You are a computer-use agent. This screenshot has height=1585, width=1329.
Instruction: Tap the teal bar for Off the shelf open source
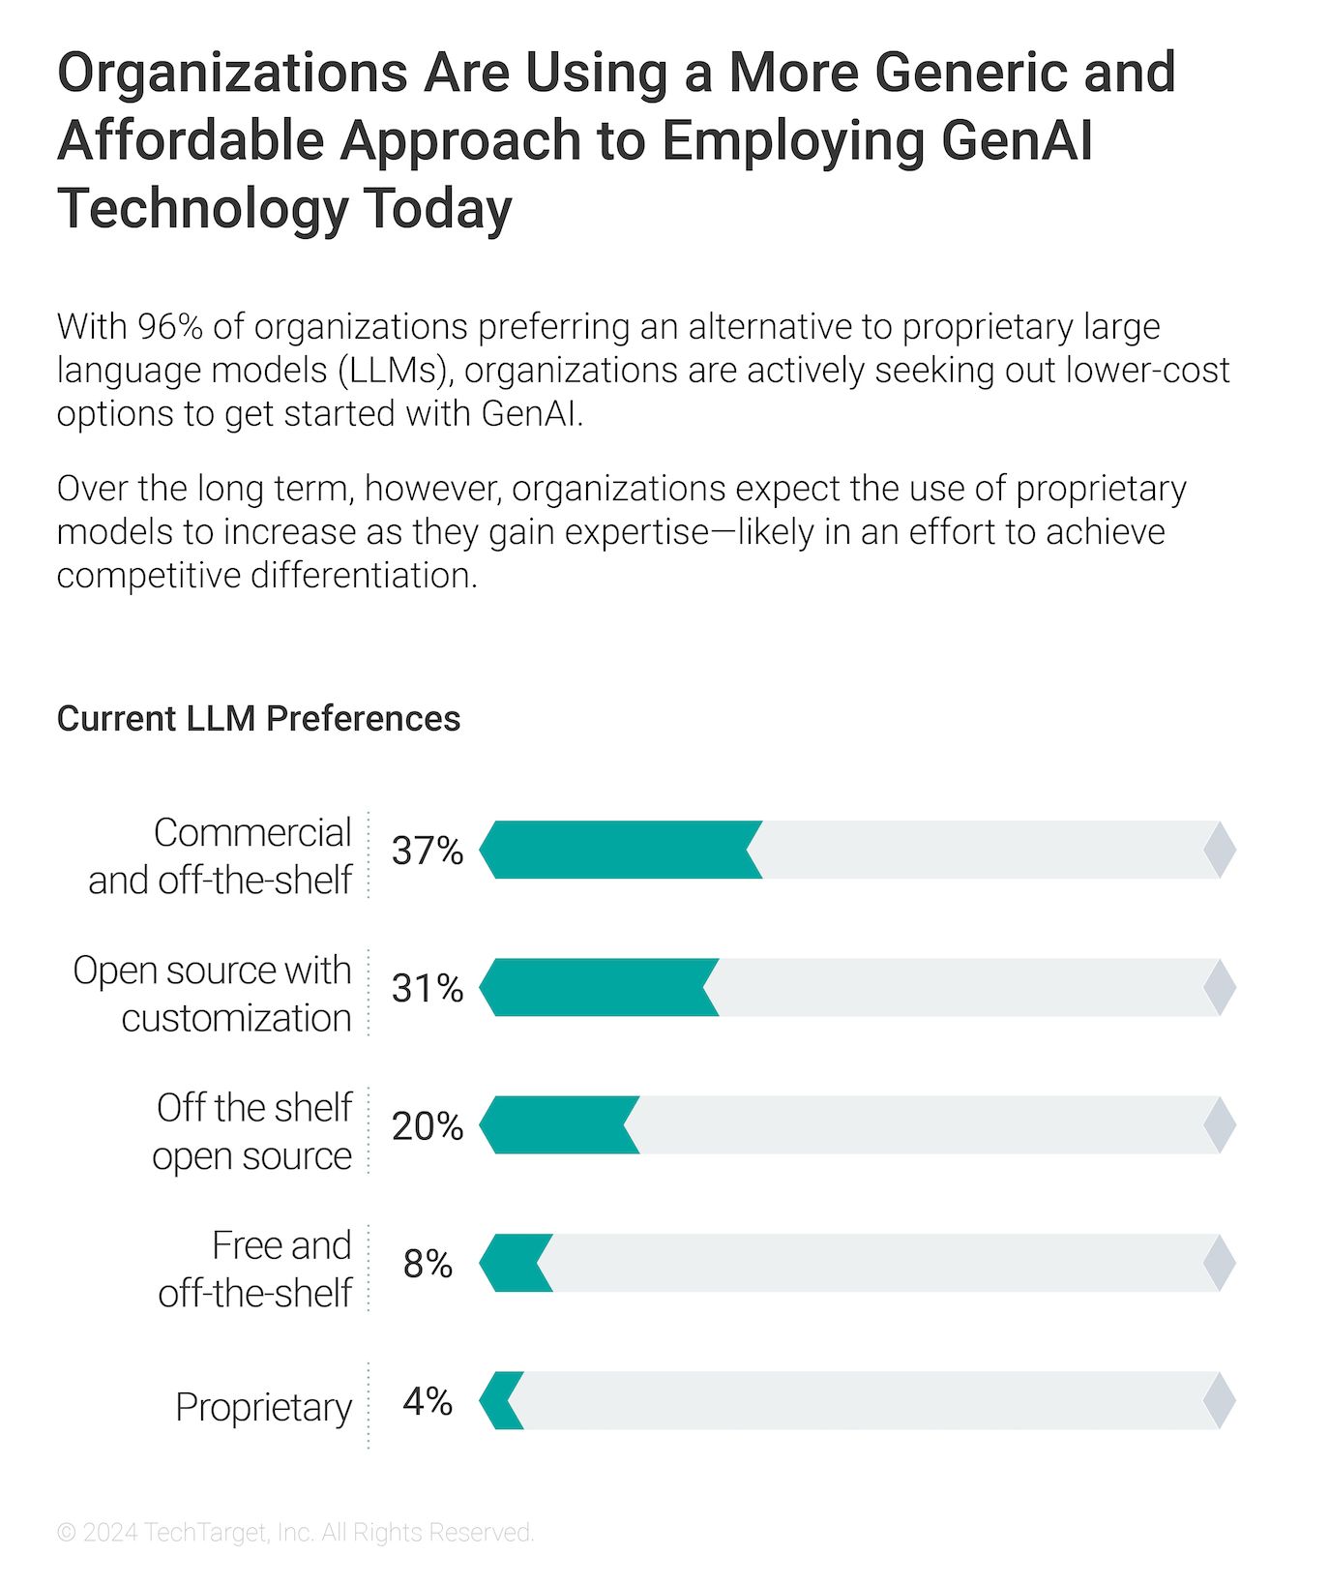click(x=559, y=1125)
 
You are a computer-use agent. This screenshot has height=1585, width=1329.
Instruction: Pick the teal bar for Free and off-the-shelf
click(x=517, y=1263)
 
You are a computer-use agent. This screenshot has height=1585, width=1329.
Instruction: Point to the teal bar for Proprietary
click(x=502, y=1400)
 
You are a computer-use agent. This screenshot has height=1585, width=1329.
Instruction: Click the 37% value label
click(x=428, y=851)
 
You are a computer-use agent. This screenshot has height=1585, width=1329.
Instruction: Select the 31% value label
click(x=428, y=988)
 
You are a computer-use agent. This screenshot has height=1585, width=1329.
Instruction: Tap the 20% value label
click(x=428, y=1126)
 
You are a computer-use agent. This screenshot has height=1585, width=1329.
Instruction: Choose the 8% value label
click(x=428, y=1264)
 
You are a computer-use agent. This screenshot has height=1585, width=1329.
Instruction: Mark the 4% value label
click(x=428, y=1401)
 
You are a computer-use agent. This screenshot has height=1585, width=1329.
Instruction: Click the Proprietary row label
click(x=263, y=1407)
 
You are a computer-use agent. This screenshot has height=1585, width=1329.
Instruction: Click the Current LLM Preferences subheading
click(x=258, y=719)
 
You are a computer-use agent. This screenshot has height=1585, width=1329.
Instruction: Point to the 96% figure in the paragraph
click(x=170, y=327)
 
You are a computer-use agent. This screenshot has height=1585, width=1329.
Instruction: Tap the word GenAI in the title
click(x=1017, y=140)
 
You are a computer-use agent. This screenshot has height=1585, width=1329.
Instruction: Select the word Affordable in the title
click(x=191, y=140)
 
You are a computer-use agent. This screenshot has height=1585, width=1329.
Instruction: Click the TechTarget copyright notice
click(x=296, y=1533)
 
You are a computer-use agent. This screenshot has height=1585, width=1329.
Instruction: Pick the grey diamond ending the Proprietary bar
click(x=1220, y=1400)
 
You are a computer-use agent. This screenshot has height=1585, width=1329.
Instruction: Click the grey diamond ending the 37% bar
click(x=1220, y=850)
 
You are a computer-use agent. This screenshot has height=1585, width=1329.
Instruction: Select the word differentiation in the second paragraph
click(x=364, y=576)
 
